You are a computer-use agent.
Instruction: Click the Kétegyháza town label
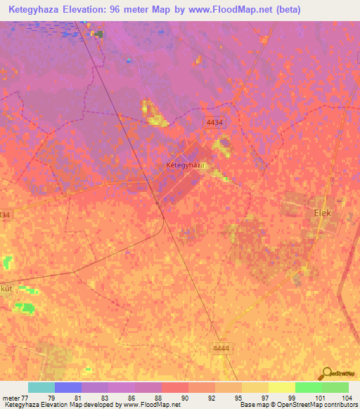point(185,164)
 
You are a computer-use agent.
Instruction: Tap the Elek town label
point(321,212)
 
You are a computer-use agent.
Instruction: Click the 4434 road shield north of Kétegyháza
point(215,122)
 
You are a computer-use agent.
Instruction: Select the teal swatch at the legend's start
point(41,387)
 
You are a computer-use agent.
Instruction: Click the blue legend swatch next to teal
point(68,387)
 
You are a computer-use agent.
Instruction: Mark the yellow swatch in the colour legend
point(282,387)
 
